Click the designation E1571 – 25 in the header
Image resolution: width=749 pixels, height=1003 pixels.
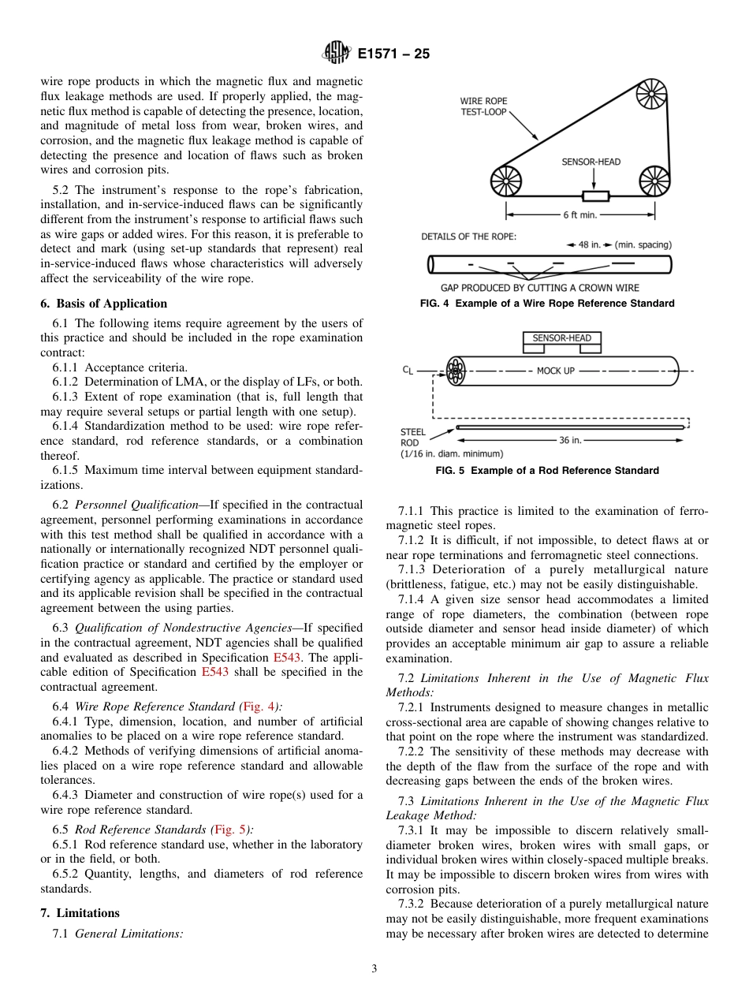[393, 54]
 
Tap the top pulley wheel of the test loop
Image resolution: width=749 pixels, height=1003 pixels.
[651, 93]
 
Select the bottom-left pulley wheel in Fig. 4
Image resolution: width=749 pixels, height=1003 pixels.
[506, 181]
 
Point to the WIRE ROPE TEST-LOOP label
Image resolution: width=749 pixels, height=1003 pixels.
[483, 106]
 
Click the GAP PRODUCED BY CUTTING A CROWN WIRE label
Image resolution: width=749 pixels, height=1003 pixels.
[539, 288]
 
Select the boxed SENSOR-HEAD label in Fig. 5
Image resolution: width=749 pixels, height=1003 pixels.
[561, 338]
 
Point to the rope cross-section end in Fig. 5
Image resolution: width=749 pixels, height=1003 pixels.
[455, 371]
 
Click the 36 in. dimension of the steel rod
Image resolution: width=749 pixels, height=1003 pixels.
[570, 440]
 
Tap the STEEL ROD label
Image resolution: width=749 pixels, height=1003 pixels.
[413, 437]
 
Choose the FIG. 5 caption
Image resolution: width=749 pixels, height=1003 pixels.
[547, 471]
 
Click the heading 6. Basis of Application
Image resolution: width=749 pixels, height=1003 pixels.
[104, 304]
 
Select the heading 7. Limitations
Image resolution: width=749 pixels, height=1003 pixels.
[80, 913]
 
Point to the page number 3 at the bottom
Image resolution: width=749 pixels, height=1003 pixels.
[374, 969]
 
